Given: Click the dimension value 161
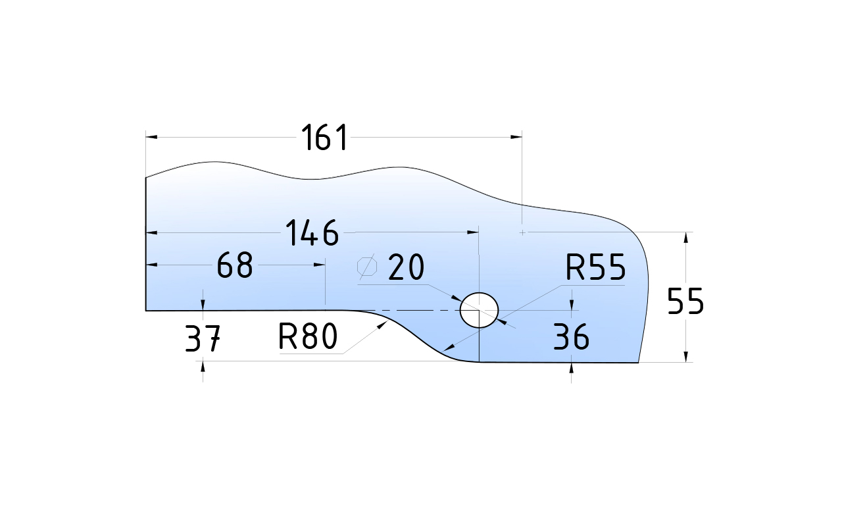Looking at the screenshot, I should pyautogui.click(x=324, y=138).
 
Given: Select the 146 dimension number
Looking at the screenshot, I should pyautogui.click(x=312, y=233).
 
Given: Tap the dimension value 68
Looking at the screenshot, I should pyautogui.click(x=235, y=265).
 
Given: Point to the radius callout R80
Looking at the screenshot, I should pyautogui.click(x=307, y=337).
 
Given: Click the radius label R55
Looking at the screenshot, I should pyautogui.click(x=595, y=269).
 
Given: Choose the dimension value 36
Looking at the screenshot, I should pyautogui.click(x=571, y=338).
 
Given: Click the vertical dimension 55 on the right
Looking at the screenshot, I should pyautogui.click(x=685, y=302).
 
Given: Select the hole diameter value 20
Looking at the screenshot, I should pyautogui.click(x=407, y=268).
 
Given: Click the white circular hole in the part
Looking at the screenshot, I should pyautogui.click(x=479, y=309).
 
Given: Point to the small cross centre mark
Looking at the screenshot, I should pyautogui.click(x=522, y=232).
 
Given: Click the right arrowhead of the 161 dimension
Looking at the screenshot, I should pyautogui.click(x=516, y=137).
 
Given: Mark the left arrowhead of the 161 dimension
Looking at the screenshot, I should pyautogui.click(x=151, y=137).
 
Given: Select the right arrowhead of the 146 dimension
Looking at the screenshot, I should pyautogui.click(x=473, y=232).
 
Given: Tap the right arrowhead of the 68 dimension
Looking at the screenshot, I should pyautogui.click(x=320, y=265).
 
